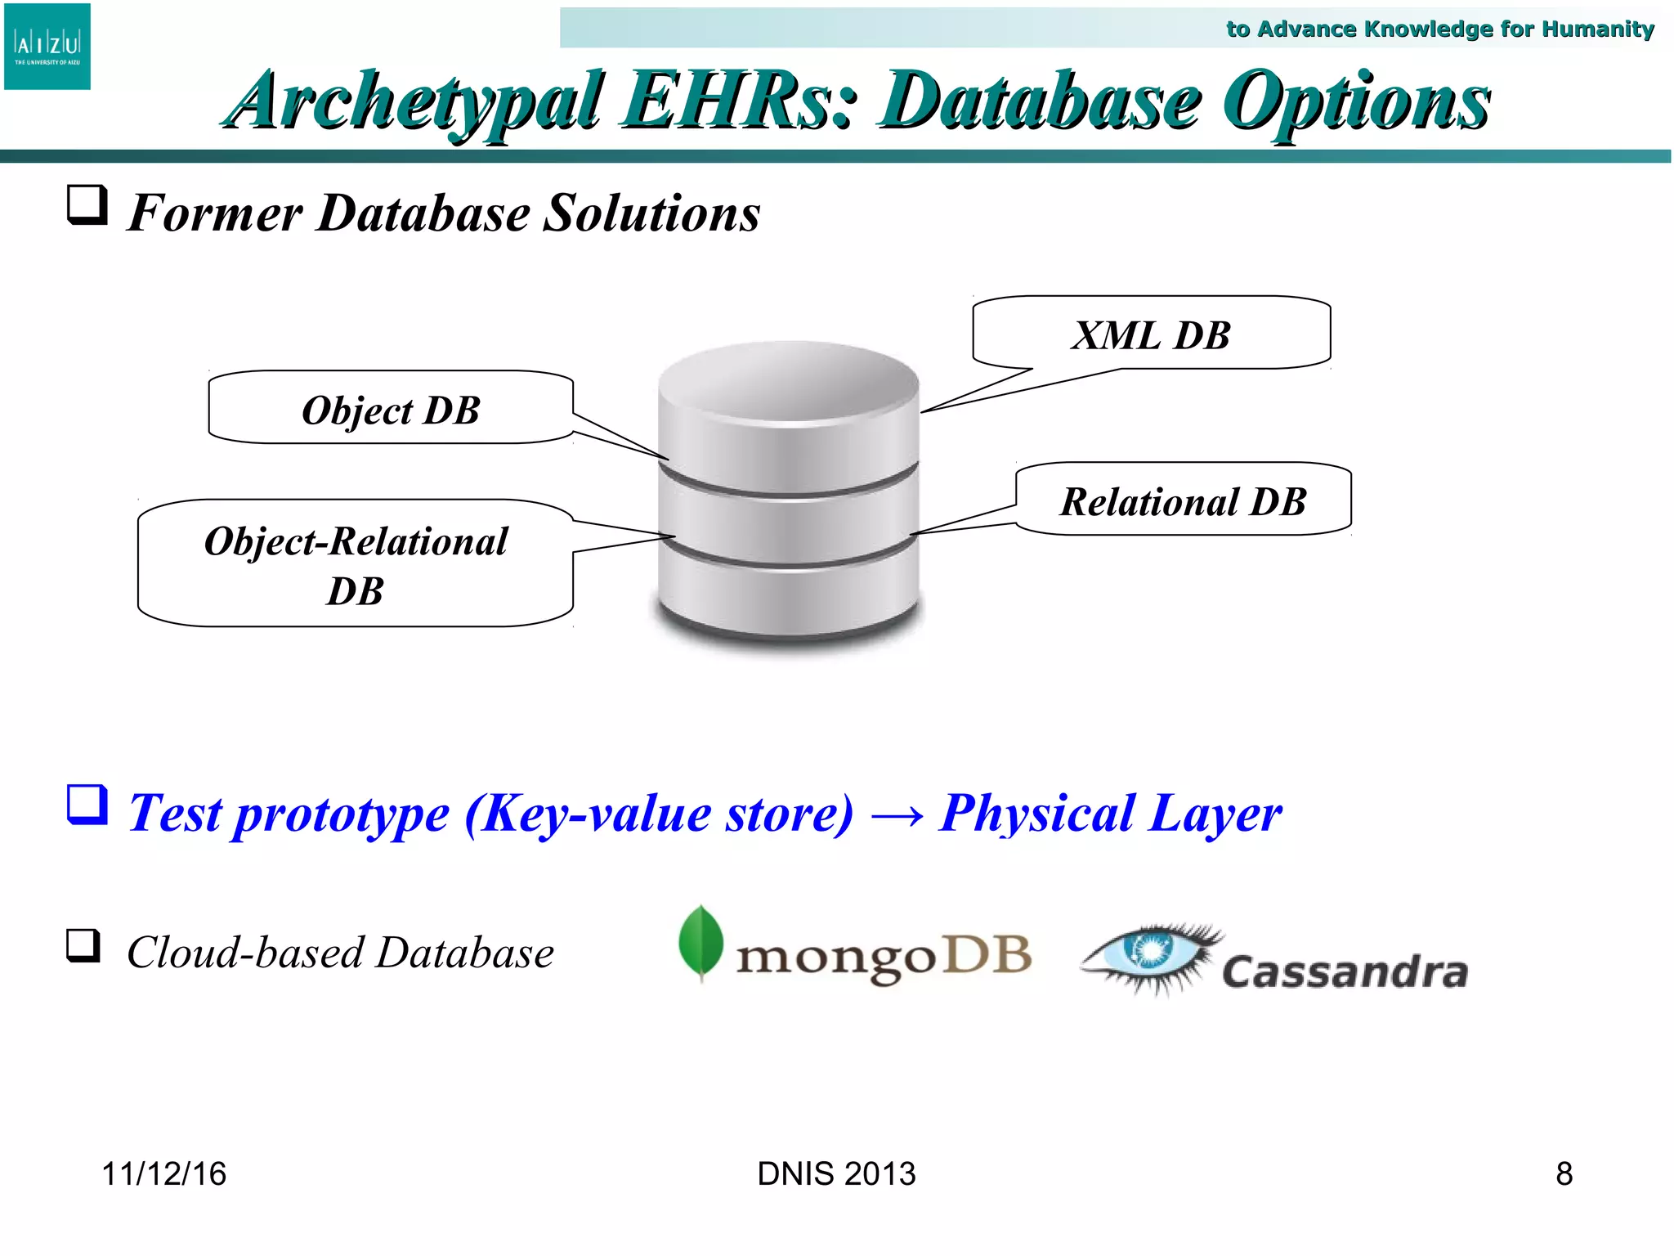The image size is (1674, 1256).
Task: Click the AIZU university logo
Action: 47,47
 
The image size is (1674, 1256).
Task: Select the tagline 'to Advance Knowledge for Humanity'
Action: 1439,29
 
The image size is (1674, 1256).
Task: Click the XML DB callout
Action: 1151,334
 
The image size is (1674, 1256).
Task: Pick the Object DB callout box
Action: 391,409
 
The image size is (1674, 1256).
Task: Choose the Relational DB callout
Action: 1183,500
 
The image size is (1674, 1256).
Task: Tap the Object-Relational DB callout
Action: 356,564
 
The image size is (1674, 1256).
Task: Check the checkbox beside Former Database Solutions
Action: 87,204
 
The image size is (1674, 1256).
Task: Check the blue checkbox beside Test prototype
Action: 87,805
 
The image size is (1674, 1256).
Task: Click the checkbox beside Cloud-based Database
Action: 83,946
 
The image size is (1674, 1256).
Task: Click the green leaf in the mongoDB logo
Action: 701,942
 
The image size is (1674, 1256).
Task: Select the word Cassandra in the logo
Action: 1345,971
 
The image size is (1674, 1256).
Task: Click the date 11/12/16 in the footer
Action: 163,1173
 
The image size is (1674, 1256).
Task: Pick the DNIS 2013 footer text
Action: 836,1173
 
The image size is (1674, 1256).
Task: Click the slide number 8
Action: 1564,1173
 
